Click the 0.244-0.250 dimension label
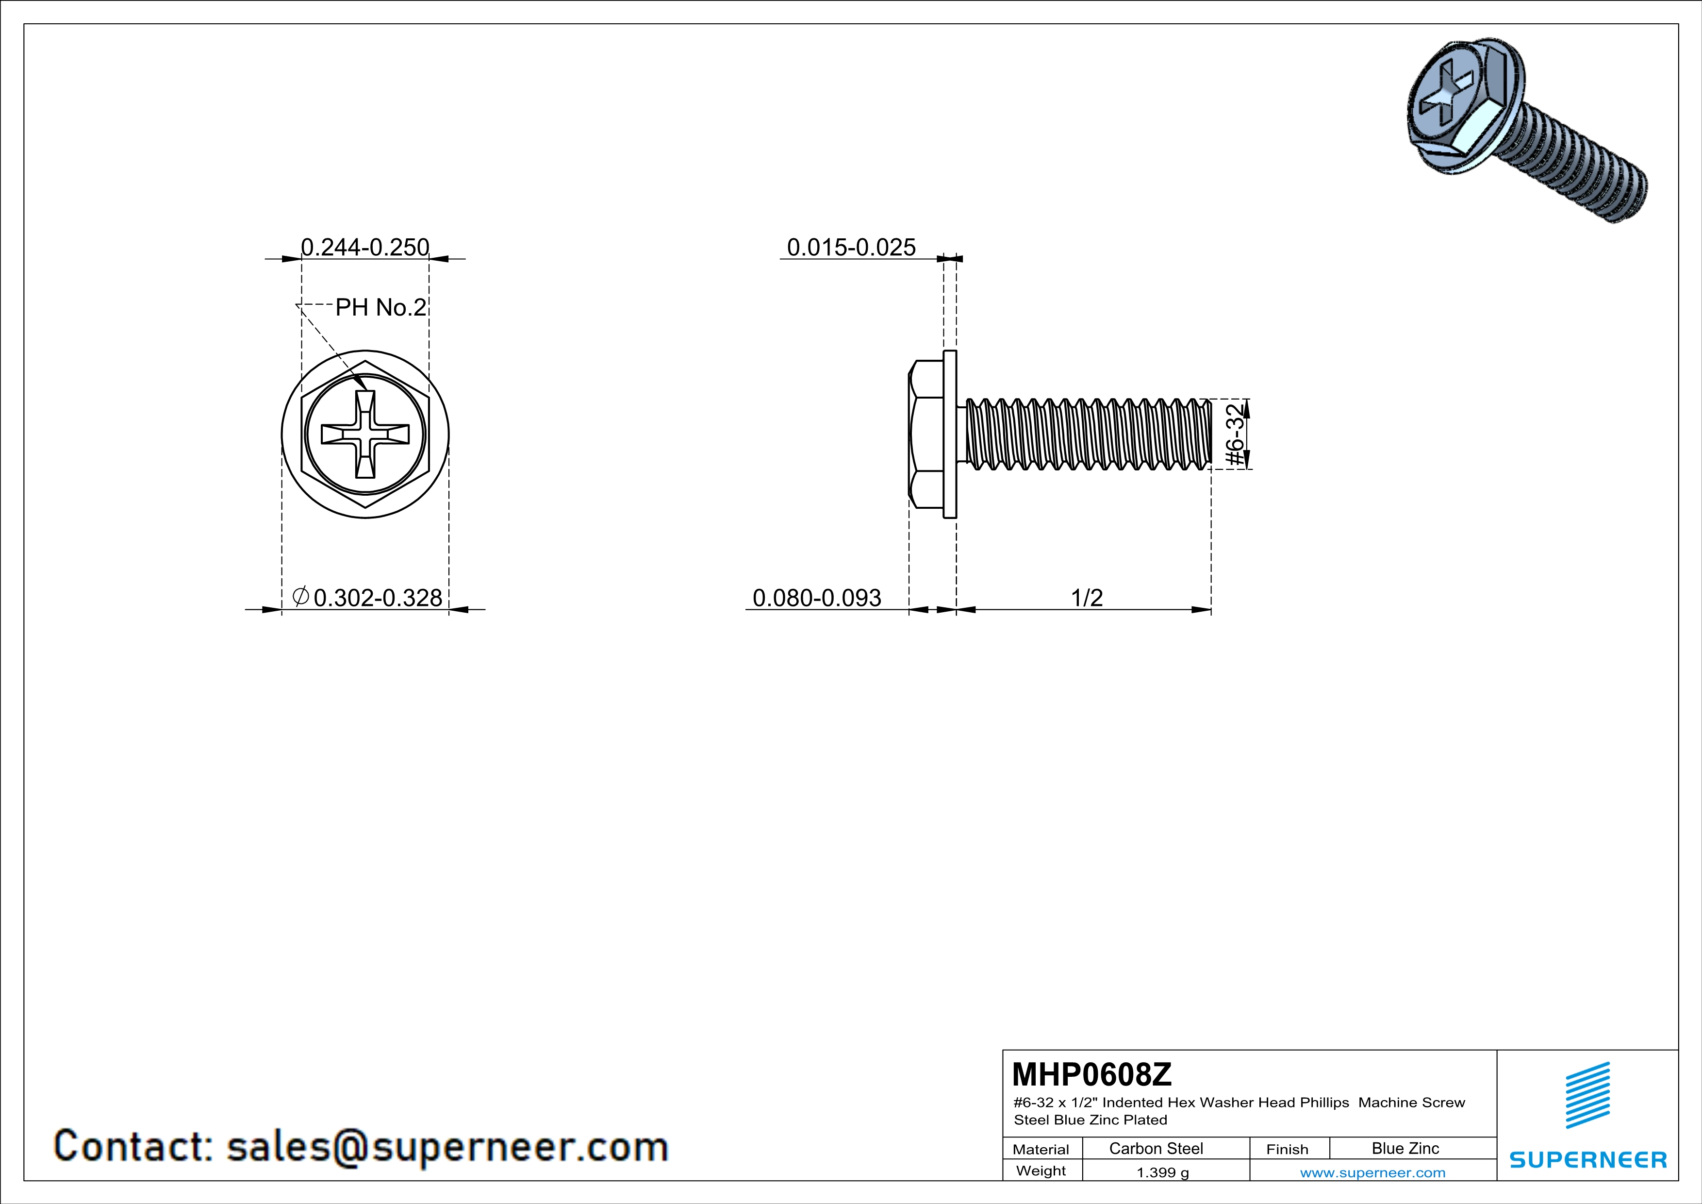pos(365,247)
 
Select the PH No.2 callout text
pos(381,307)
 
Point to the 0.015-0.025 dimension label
pos(851,247)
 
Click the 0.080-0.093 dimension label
pos(817,598)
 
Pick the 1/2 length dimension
pos(1087,598)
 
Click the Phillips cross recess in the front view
pos(365,435)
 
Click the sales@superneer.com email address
pos(448,1147)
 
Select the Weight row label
pos(1041,1171)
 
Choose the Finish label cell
pos(1287,1149)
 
